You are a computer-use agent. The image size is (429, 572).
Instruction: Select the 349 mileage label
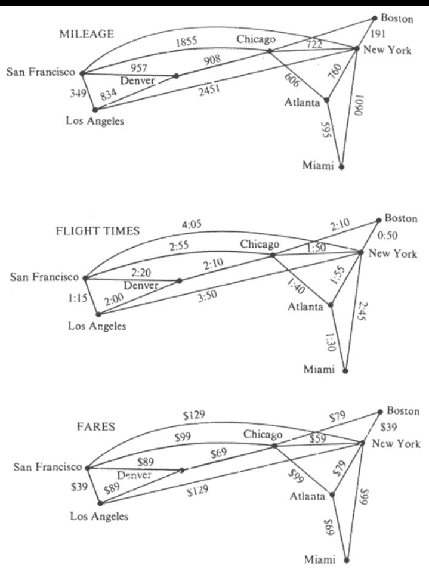pyautogui.click(x=78, y=94)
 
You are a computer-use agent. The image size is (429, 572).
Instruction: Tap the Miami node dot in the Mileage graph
pyautogui.click(x=341, y=167)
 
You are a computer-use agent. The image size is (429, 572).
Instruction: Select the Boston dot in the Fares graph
pyautogui.click(x=381, y=412)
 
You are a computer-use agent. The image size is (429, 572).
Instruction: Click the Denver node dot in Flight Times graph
pyautogui.click(x=180, y=280)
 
